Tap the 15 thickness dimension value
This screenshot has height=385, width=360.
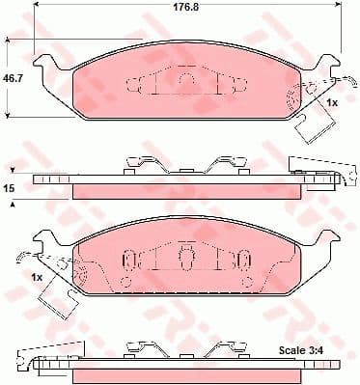point(10,189)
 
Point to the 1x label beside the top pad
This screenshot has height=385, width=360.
point(330,101)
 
